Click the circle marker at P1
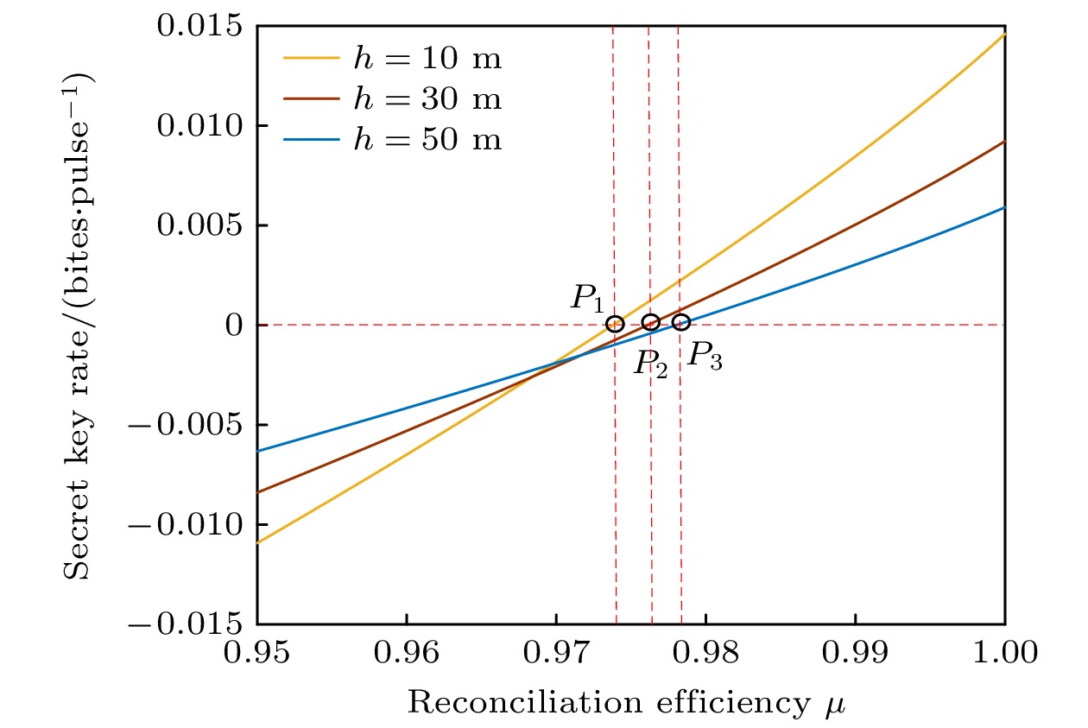click(x=615, y=325)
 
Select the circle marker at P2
click(x=651, y=322)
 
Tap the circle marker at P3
click(x=681, y=323)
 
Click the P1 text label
click(x=587, y=298)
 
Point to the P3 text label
click(x=705, y=355)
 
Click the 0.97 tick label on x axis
click(x=556, y=654)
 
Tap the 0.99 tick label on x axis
click(x=856, y=654)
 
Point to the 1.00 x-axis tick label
click(x=1005, y=654)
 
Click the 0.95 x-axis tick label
click(x=256, y=654)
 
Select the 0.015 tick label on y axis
click(x=201, y=26)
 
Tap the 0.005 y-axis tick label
click(x=201, y=225)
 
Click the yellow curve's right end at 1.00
click(x=1004, y=34)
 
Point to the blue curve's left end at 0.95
click(x=258, y=451)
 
